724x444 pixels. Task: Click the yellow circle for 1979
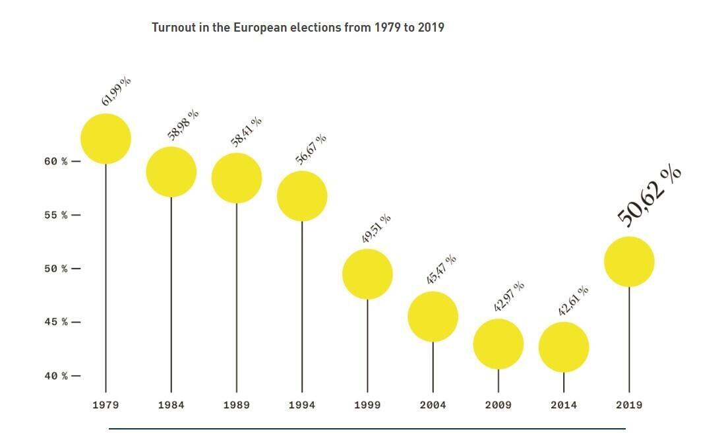106,139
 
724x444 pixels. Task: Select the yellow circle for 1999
367,274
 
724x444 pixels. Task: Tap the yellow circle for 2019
629,262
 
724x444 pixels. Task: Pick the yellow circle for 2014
564,347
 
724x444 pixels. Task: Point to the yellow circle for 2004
433,317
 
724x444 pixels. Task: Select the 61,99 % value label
116,91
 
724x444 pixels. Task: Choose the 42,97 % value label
509,296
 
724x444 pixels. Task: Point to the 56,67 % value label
311,149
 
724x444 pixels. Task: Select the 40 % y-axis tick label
56,376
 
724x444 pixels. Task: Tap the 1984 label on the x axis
171,405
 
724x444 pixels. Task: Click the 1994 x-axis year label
302,405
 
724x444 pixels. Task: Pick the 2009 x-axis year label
498,405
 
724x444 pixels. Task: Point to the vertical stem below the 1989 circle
236,297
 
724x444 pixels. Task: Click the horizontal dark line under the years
367,429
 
